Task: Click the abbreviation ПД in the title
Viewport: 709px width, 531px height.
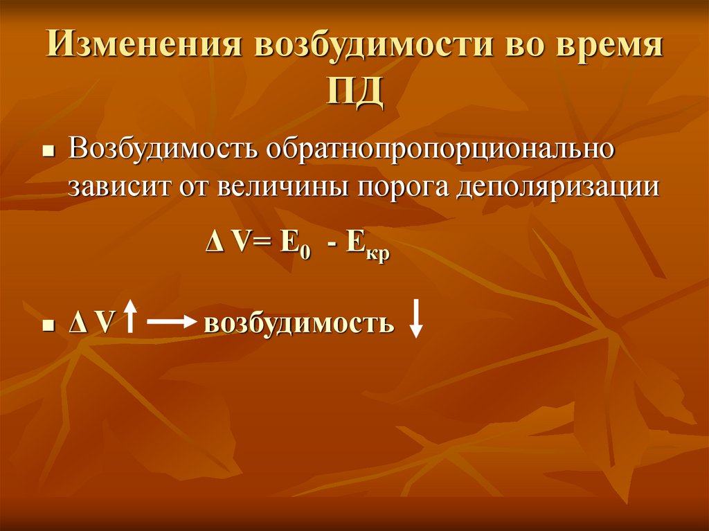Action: point(354,92)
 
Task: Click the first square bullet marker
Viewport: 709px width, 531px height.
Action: point(48,152)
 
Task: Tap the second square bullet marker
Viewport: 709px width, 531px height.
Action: point(48,325)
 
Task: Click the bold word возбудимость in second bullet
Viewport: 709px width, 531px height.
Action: point(298,323)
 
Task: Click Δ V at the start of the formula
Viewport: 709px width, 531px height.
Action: point(229,246)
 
